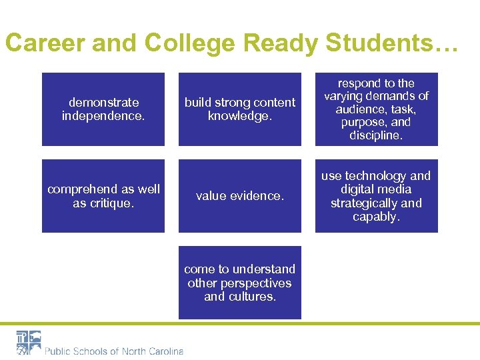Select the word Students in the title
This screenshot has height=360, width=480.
point(382,43)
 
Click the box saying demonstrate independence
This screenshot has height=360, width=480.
point(103,109)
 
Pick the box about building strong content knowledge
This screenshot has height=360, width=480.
point(240,109)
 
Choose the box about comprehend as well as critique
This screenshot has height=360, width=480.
point(103,196)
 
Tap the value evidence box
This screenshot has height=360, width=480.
point(240,196)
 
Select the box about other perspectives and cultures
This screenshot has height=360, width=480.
point(240,283)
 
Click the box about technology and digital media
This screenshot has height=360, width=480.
point(377,196)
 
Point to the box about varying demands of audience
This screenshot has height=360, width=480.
point(377,109)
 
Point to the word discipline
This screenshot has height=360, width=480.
point(376,136)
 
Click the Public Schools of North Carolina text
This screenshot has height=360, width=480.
point(114,351)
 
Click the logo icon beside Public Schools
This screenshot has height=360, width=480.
point(29,343)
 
